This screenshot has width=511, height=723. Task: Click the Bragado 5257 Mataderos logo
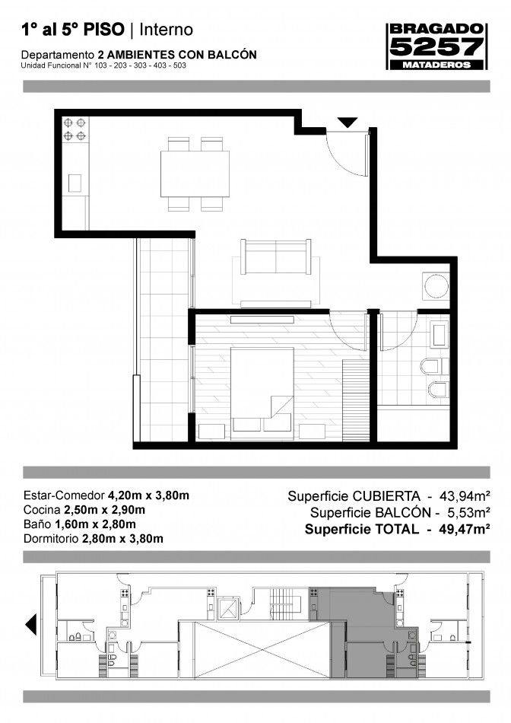pos(436,46)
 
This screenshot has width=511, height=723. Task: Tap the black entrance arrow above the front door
pos(347,123)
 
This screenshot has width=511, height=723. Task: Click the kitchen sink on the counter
pos(75,183)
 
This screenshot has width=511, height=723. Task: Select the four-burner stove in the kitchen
pos(75,129)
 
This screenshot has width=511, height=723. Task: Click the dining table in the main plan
pos(195,174)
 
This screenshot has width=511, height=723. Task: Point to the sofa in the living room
pos(276,256)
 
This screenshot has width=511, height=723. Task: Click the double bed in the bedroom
pos(262,393)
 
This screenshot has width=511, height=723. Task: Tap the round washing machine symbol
pos(436,286)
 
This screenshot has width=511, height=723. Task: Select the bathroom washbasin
pos(439,334)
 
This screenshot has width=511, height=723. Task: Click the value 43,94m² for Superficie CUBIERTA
pos(464,496)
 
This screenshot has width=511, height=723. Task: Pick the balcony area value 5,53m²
pos(468,512)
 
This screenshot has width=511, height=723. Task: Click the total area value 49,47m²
pos(464,529)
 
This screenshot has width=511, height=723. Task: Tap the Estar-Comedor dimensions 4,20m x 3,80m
pos(148,495)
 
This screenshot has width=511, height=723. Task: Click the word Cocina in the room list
pos(42,510)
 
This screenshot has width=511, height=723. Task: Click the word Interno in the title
pos(166,30)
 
